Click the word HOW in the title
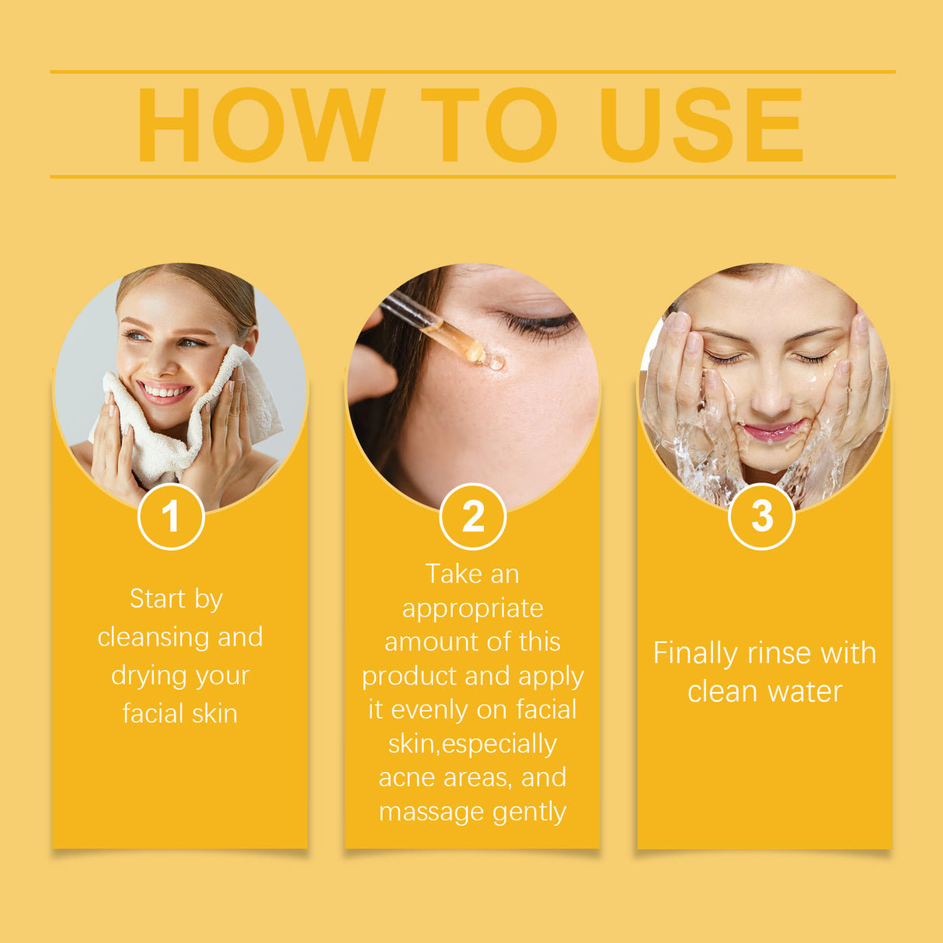261,125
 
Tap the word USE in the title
701,125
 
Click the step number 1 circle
171,517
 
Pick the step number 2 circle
472,517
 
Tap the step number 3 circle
762,516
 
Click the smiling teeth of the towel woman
165,391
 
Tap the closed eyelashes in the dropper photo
540,323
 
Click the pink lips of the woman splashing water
771,430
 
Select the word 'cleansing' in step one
154,638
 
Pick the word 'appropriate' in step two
472,609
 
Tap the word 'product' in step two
409,677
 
